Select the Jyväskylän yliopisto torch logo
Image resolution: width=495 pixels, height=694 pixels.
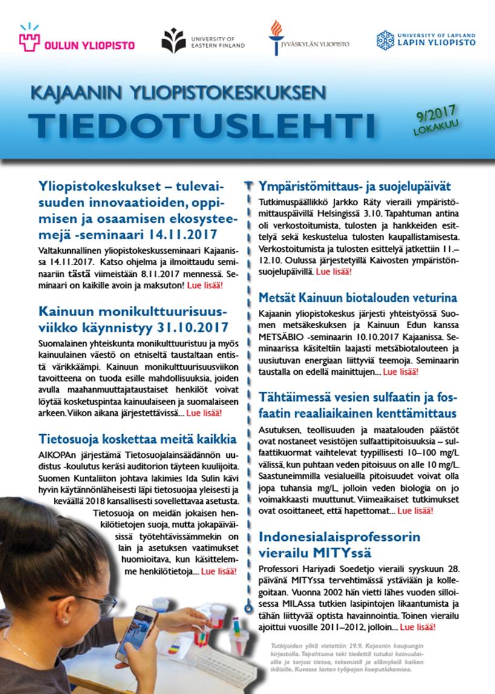coord(276,38)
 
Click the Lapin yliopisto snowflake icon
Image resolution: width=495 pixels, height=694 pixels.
coord(385,41)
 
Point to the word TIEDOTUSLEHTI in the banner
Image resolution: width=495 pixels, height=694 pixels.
coord(201,124)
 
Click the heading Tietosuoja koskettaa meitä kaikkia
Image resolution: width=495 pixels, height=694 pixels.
coord(137,438)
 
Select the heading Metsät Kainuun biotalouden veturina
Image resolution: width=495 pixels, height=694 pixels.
coord(358,298)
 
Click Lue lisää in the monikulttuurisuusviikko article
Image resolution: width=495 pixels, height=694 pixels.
coord(204,413)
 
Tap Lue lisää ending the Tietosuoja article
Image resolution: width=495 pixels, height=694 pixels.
coord(218,570)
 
